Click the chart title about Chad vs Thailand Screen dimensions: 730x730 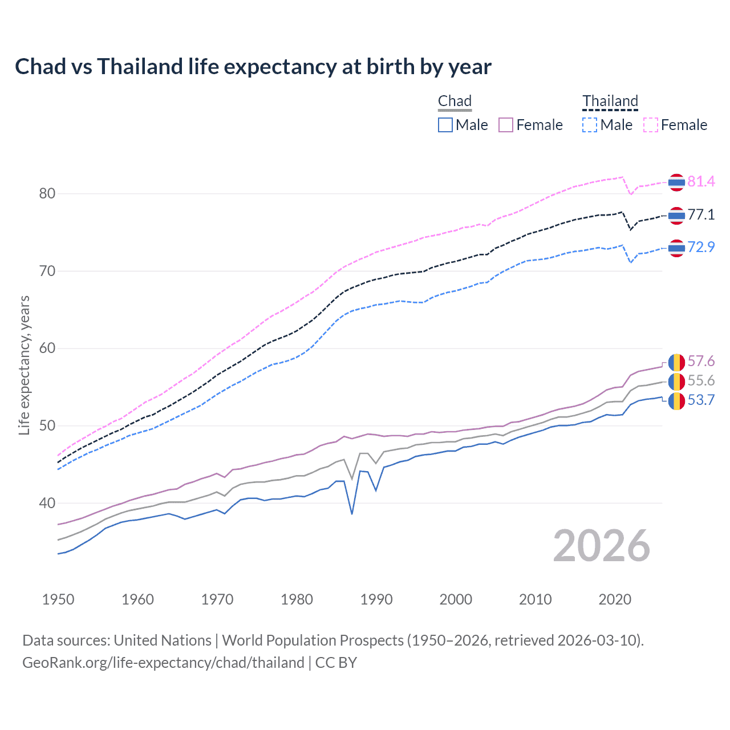coord(253,67)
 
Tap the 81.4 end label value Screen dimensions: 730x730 coord(701,181)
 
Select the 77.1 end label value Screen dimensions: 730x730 coord(701,214)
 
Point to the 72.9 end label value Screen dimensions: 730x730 coord(701,247)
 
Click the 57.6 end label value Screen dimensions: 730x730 coord(701,361)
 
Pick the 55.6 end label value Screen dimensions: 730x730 coord(701,380)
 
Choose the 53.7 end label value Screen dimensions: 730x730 coord(701,400)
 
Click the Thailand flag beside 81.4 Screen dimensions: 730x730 coord(676,182)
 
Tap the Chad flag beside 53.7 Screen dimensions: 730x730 coord(676,400)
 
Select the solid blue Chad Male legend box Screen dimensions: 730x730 coord(445,125)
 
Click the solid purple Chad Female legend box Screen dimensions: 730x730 coord(506,125)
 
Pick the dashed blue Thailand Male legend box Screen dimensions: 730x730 coord(590,125)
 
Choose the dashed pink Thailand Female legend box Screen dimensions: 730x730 coord(651,125)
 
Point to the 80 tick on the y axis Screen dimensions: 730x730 coord(47,194)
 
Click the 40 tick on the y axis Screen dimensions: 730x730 coord(47,503)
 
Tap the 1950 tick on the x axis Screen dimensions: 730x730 coord(58,599)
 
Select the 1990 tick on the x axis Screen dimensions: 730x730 coord(376,599)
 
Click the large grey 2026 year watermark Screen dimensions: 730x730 coord(601,546)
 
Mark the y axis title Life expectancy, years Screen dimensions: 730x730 coord(25,365)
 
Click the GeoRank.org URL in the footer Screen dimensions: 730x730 coord(163,663)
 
